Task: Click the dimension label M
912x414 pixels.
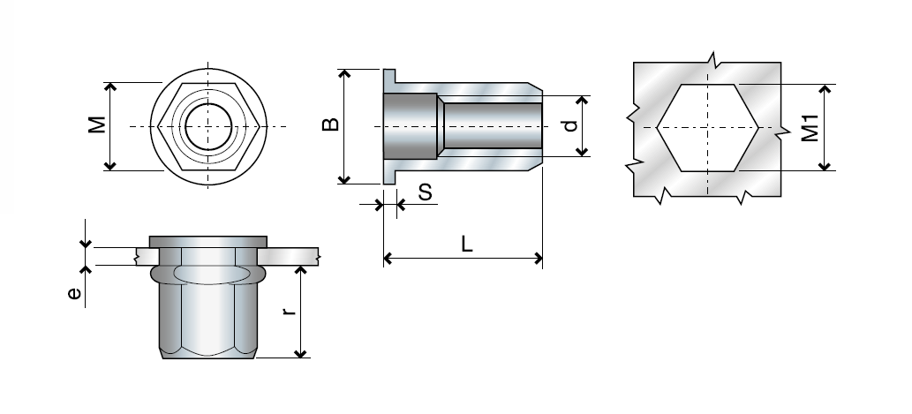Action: pos(97,125)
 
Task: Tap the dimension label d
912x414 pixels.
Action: pos(571,125)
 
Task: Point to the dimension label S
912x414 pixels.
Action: pos(425,192)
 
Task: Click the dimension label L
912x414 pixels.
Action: pos(466,245)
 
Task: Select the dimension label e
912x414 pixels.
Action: pos(74,293)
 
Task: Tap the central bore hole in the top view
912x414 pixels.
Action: pos(209,126)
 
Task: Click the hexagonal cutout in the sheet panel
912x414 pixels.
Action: pos(706,127)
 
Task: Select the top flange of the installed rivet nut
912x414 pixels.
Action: pos(207,242)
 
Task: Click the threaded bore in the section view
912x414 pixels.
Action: pos(490,126)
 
